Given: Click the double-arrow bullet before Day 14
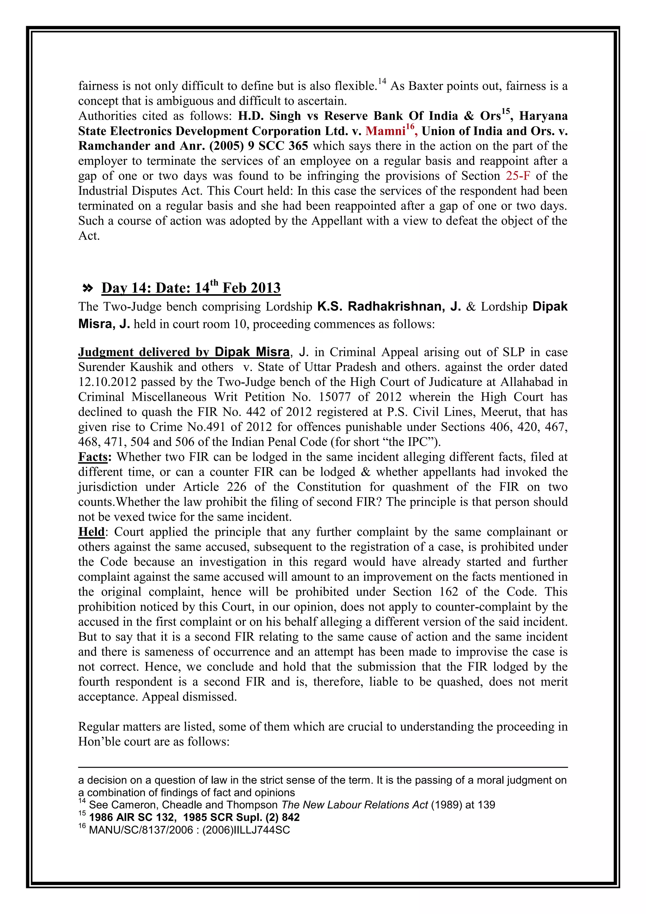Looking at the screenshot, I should click(87, 288).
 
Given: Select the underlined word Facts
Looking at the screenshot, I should click(93, 457).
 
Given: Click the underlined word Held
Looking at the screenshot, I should click(91, 532).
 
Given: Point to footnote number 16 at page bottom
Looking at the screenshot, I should click(82, 826).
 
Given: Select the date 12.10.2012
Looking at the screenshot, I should click(107, 382).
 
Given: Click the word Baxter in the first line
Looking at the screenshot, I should click(425, 86).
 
